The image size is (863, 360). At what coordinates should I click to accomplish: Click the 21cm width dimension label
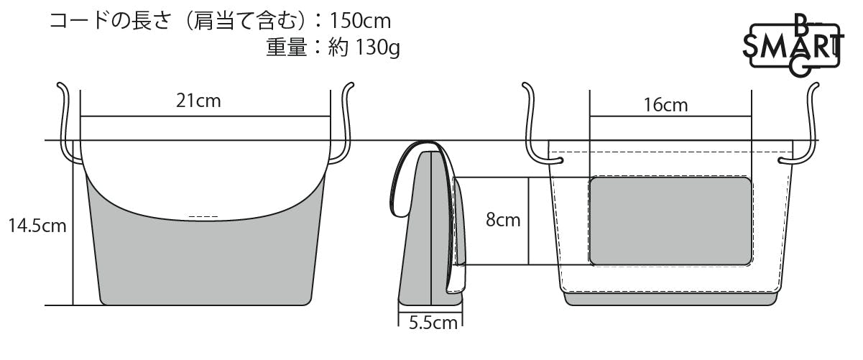198,101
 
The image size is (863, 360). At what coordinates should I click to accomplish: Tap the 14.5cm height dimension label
37,226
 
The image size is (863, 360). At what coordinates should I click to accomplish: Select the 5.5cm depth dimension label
433,323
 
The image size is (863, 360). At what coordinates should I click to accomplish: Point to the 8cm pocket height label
503,220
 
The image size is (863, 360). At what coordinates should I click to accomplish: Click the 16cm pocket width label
665,105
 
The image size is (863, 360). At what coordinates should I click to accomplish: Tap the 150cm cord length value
360,21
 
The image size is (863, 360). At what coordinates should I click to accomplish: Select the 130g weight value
377,48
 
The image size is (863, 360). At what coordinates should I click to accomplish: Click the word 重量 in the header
287,48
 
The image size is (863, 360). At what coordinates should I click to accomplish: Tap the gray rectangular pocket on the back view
670,221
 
